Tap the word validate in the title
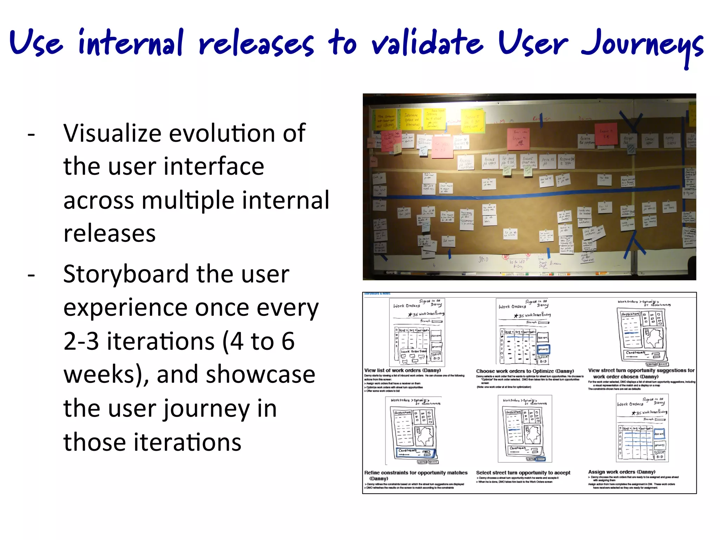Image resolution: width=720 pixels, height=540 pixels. pos(427,44)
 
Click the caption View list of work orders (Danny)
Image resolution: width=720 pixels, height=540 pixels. pos(403,370)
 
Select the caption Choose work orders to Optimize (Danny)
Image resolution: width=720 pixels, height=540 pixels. pos(525,371)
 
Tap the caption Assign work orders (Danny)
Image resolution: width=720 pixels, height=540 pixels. pos(622,472)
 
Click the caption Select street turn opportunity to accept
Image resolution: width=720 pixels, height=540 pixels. pos(523,472)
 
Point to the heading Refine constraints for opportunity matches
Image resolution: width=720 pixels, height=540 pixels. pos(416,473)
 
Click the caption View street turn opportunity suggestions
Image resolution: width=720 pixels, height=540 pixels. pos(641,370)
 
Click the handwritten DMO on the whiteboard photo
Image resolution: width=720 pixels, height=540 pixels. pos(483,259)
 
